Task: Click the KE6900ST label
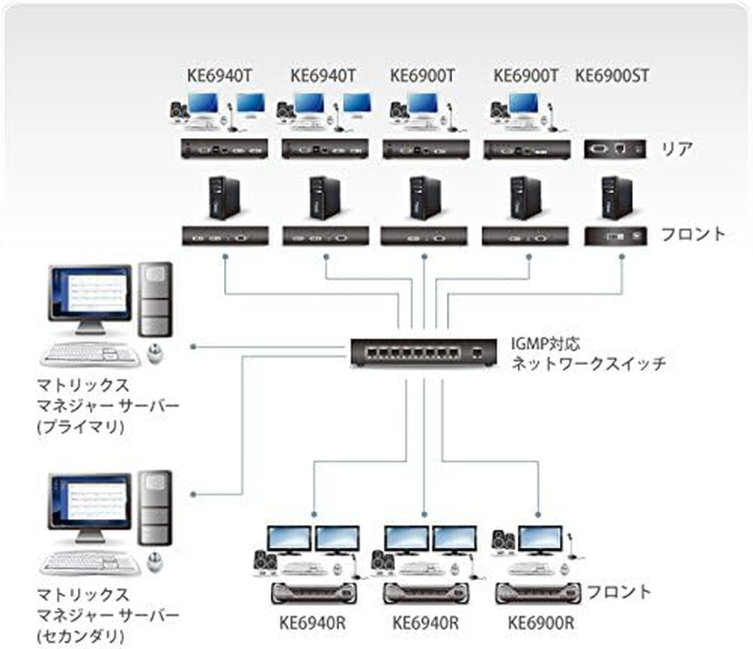pyautogui.click(x=613, y=76)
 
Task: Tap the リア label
pyautogui.click(x=675, y=149)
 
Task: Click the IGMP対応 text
pyautogui.click(x=545, y=344)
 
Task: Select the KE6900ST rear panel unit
pyautogui.click(x=615, y=149)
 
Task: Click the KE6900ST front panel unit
pyautogui.click(x=615, y=235)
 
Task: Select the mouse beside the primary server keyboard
pyautogui.click(x=154, y=352)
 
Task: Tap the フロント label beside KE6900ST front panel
pyautogui.click(x=692, y=234)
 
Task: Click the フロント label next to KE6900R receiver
pyautogui.click(x=618, y=591)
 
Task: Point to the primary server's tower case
pyautogui.click(x=154, y=299)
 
